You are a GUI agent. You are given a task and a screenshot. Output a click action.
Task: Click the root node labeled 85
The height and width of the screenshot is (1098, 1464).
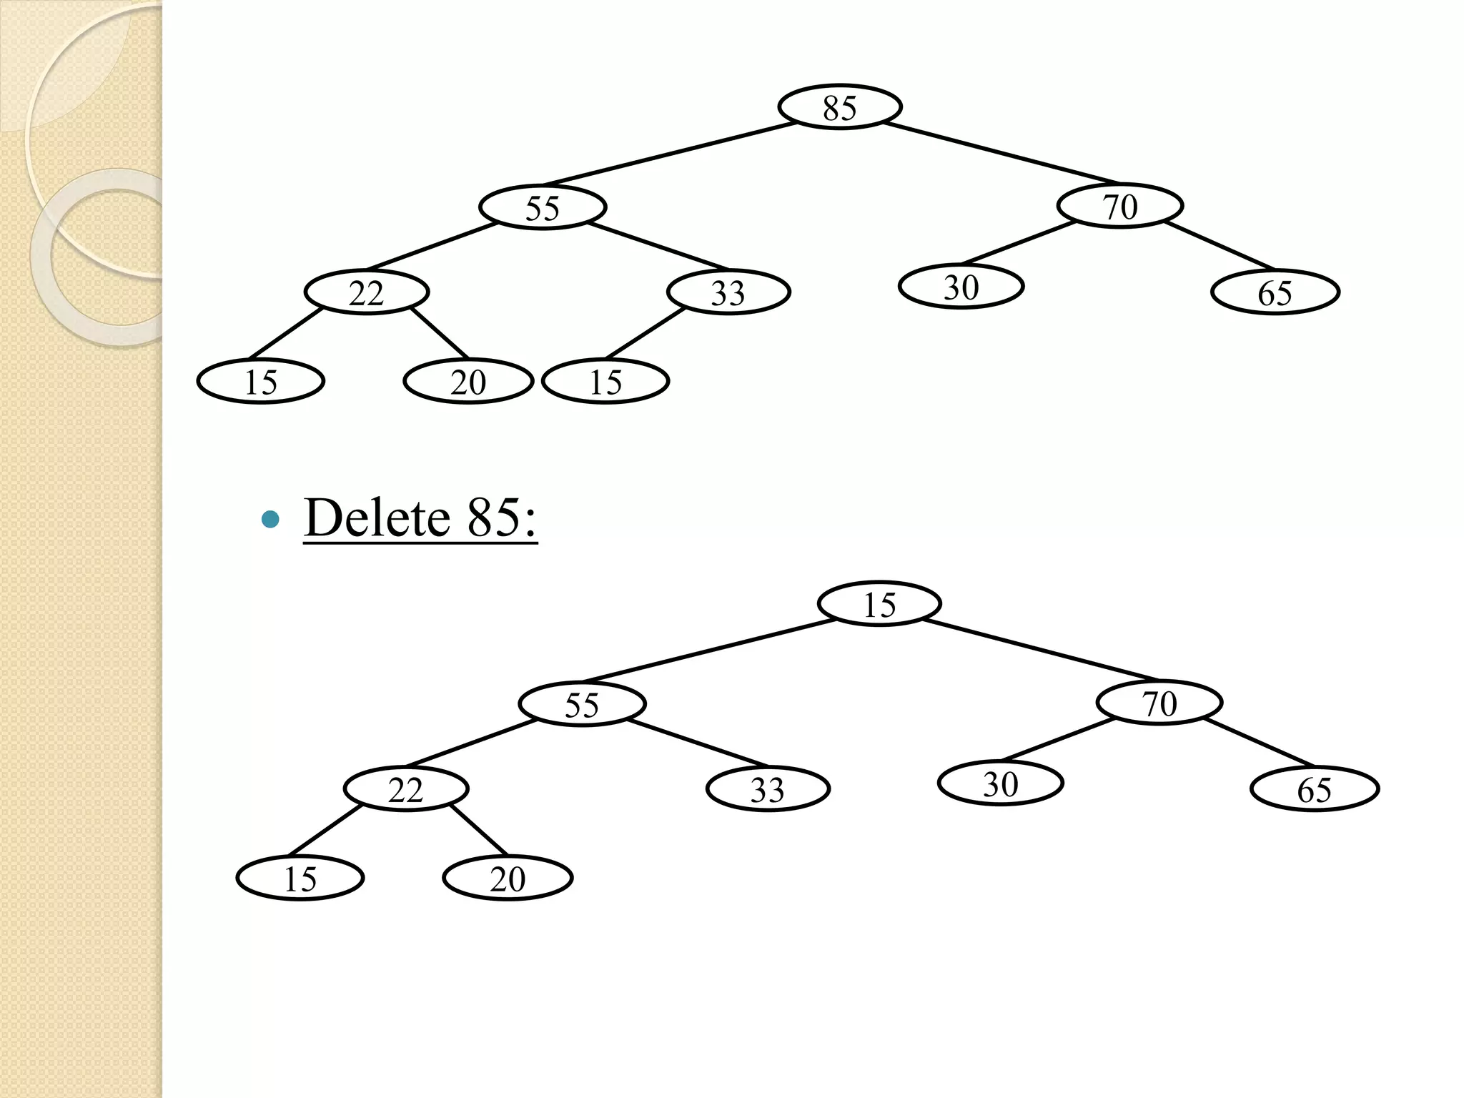pyautogui.click(x=839, y=107)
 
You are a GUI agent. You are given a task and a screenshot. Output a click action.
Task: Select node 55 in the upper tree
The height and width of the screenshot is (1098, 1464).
pyautogui.click(x=543, y=207)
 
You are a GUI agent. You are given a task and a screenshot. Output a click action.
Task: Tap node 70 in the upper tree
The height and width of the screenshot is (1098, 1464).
pyautogui.click(x=1119, y=206)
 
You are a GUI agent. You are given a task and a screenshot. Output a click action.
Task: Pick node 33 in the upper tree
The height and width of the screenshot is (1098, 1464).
pyautogui.click(x=728, y=292)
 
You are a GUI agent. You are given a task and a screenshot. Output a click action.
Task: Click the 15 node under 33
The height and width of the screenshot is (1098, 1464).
pyautogui.click(x=605, y=381)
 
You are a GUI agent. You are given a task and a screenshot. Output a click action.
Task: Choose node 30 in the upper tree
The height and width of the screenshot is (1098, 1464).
pyautogui.click(x=961, y=287)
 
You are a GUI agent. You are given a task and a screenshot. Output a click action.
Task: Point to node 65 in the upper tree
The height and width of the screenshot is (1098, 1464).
pyautogui.click(x=1275, y=292)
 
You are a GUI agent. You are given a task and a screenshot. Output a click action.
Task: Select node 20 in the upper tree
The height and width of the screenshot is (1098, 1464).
pyautogui.click(x=468, y=381)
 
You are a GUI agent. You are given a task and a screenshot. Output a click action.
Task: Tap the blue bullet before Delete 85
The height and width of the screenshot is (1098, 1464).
pyautogui.click(x=270, y=519)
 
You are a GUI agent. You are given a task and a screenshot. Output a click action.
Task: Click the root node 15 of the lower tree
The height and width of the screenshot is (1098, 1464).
pyautogui.click(x=879, y=604)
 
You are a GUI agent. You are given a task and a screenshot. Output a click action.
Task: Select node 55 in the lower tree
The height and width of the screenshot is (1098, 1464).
pyautogui.click(x=582, y=704)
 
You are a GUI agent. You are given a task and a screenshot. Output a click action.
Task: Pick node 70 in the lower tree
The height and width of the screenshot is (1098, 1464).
pyautogui.click(x=1159, y=703)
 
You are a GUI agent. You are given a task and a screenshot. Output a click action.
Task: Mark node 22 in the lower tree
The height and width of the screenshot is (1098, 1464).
pyautogui.click(x=405, y=789)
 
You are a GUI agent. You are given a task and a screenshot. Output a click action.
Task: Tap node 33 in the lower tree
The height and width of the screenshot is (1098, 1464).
pyautogui.click(x=767, y=789)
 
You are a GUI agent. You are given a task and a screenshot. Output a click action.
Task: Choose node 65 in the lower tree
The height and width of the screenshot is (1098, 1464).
pyautogui.click(x=1314, y=789)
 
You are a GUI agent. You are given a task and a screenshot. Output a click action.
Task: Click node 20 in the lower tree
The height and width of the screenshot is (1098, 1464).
pyautogui.click(x=508, y=878)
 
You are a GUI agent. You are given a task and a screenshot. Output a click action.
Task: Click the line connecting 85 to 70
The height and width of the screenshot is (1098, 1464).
pyautogui.click(x=1001, y=154)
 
